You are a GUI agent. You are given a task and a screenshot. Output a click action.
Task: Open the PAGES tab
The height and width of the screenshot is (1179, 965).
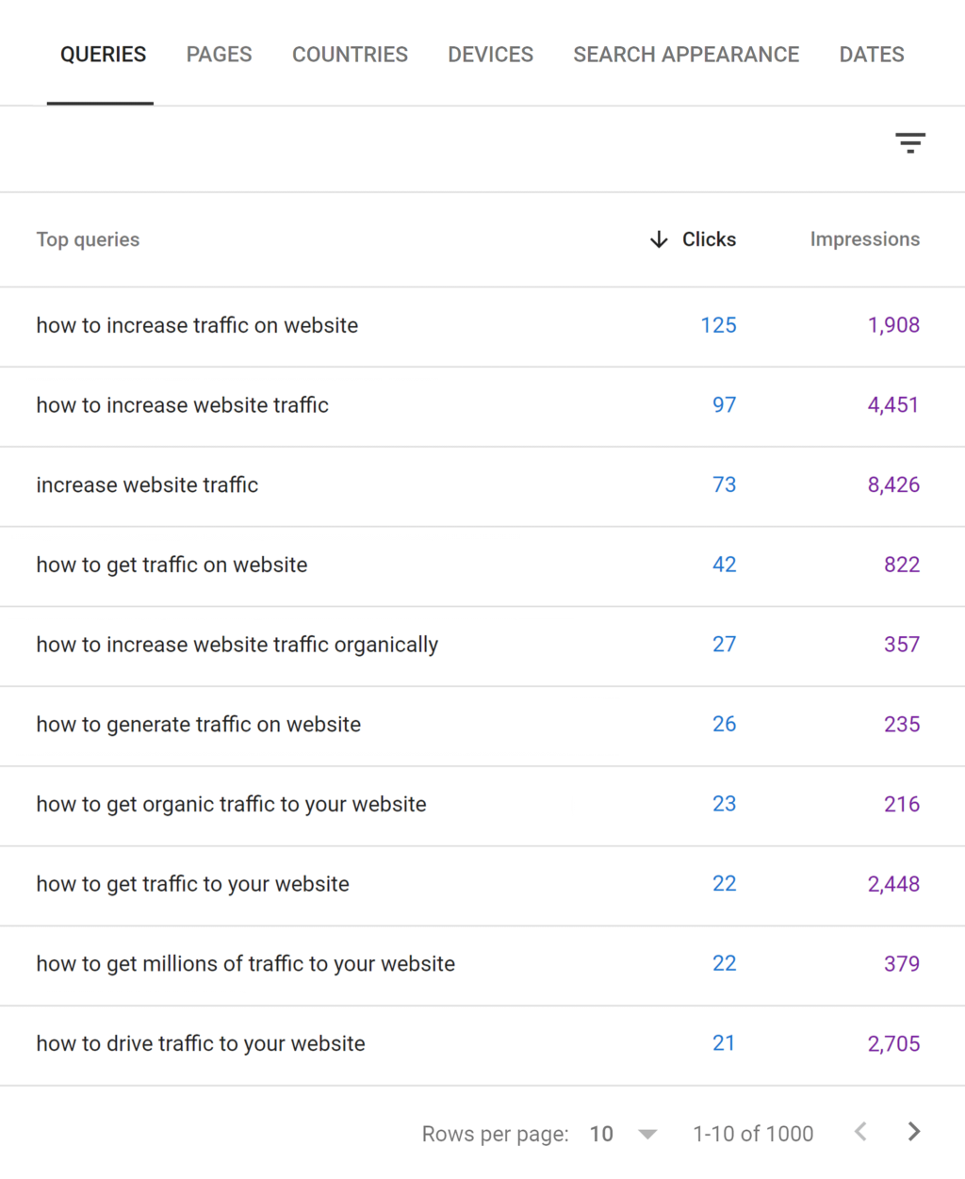[219, 55]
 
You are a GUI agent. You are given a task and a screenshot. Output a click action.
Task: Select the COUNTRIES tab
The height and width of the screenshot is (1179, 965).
[350, 55]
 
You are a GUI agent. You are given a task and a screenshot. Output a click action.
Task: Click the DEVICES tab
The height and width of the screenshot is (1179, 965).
[490, 55]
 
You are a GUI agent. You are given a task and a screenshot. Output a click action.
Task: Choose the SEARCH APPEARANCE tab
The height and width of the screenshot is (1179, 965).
[686, 55]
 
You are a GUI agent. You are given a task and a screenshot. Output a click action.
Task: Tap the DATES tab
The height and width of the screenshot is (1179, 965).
[872, 55]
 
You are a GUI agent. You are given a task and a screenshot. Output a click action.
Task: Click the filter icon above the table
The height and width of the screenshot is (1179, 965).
[909, 143]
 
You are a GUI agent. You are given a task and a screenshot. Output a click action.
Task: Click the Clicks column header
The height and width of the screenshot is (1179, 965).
[709, 239]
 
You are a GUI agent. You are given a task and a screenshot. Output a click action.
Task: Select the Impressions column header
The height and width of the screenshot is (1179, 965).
[864, 239]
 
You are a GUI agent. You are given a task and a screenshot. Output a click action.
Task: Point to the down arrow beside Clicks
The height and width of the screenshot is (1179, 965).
[659, 239]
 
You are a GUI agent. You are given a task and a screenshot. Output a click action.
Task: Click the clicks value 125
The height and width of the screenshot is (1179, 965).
[718, 325]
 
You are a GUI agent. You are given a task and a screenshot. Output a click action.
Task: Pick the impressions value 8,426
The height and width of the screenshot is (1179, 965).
[893, 485]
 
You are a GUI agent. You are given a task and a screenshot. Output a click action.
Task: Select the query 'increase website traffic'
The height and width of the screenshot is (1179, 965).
[147, 485]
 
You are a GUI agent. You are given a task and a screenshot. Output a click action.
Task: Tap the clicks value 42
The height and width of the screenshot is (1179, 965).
[724, 565]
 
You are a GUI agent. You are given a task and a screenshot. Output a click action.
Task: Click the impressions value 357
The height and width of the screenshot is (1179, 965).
[901, 645]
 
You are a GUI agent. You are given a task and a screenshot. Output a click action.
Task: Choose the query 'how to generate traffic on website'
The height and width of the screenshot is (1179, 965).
[198, 725]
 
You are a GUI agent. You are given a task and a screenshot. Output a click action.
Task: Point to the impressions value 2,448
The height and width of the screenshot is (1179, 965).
[893, 884]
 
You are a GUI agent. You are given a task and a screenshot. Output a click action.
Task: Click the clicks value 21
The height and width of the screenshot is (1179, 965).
[723, 1043]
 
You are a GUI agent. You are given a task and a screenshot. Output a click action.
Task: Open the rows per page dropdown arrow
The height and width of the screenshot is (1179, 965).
[647, 1134]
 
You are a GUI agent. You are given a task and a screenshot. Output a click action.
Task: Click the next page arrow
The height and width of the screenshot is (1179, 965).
[913, 1132]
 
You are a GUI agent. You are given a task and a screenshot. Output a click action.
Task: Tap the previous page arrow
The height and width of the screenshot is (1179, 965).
[859, 1132]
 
